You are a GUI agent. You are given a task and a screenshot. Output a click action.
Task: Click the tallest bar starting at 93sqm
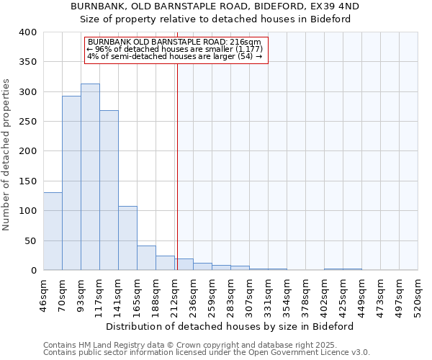[90, 176]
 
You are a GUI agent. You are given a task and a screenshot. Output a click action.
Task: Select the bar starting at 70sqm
[71, 183]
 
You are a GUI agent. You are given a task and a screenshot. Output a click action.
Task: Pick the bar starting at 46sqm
[53, 231]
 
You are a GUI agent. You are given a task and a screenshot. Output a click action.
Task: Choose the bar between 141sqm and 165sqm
[127, 238]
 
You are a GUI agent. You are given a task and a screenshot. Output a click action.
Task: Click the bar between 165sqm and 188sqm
[146, 258]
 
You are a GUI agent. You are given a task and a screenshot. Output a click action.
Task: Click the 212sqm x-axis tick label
[174, 295]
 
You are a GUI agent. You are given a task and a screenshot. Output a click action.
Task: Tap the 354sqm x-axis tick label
[287, 295]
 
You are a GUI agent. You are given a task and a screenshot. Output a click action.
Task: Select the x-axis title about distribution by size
[230, 326]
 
